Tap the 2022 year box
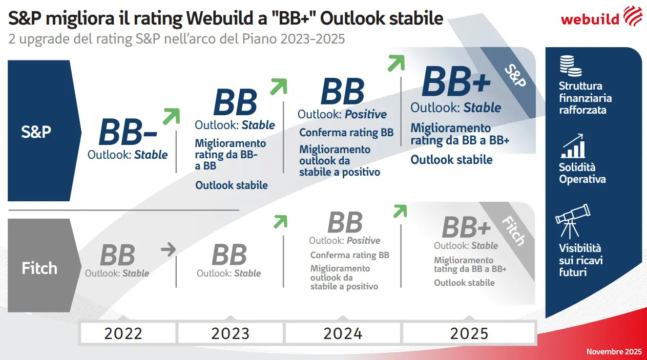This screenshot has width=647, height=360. click(123, 333)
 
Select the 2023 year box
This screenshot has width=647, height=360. click(230, 333)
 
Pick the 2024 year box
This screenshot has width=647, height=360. click(343, 333)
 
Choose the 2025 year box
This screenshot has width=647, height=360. click(469, 333)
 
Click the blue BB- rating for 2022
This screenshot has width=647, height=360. click(128, 133)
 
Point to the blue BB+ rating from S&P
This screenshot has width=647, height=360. click(456, 82)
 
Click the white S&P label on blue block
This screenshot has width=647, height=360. click(36, 132)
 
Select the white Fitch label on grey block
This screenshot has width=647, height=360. click(39, 268)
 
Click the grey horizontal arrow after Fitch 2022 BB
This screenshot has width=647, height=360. click(168, 250)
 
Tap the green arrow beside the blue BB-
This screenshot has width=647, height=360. click(171, 116)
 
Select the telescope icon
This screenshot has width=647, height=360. click(572, 221)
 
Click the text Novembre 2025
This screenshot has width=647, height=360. click(614, 352)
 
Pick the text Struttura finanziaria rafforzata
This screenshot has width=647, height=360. click(585, 98)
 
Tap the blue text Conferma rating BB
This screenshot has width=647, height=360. click(346, 133)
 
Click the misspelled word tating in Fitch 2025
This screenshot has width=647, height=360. click(446, 269)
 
